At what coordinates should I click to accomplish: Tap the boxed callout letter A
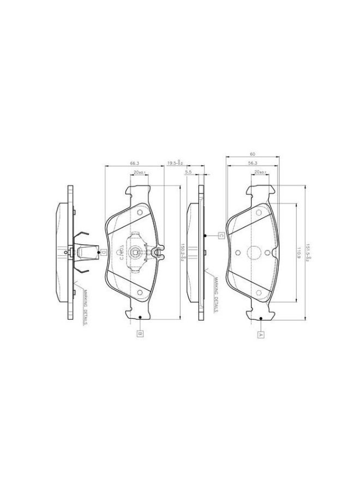click(x=261, y=334)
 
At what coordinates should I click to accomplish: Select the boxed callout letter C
click(x=221, y=236)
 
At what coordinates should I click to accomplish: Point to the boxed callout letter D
click(x=103, y=252)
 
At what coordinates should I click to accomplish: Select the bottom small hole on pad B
click(x=140, y=292)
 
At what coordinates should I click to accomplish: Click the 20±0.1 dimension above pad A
click(x=260, y=172)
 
